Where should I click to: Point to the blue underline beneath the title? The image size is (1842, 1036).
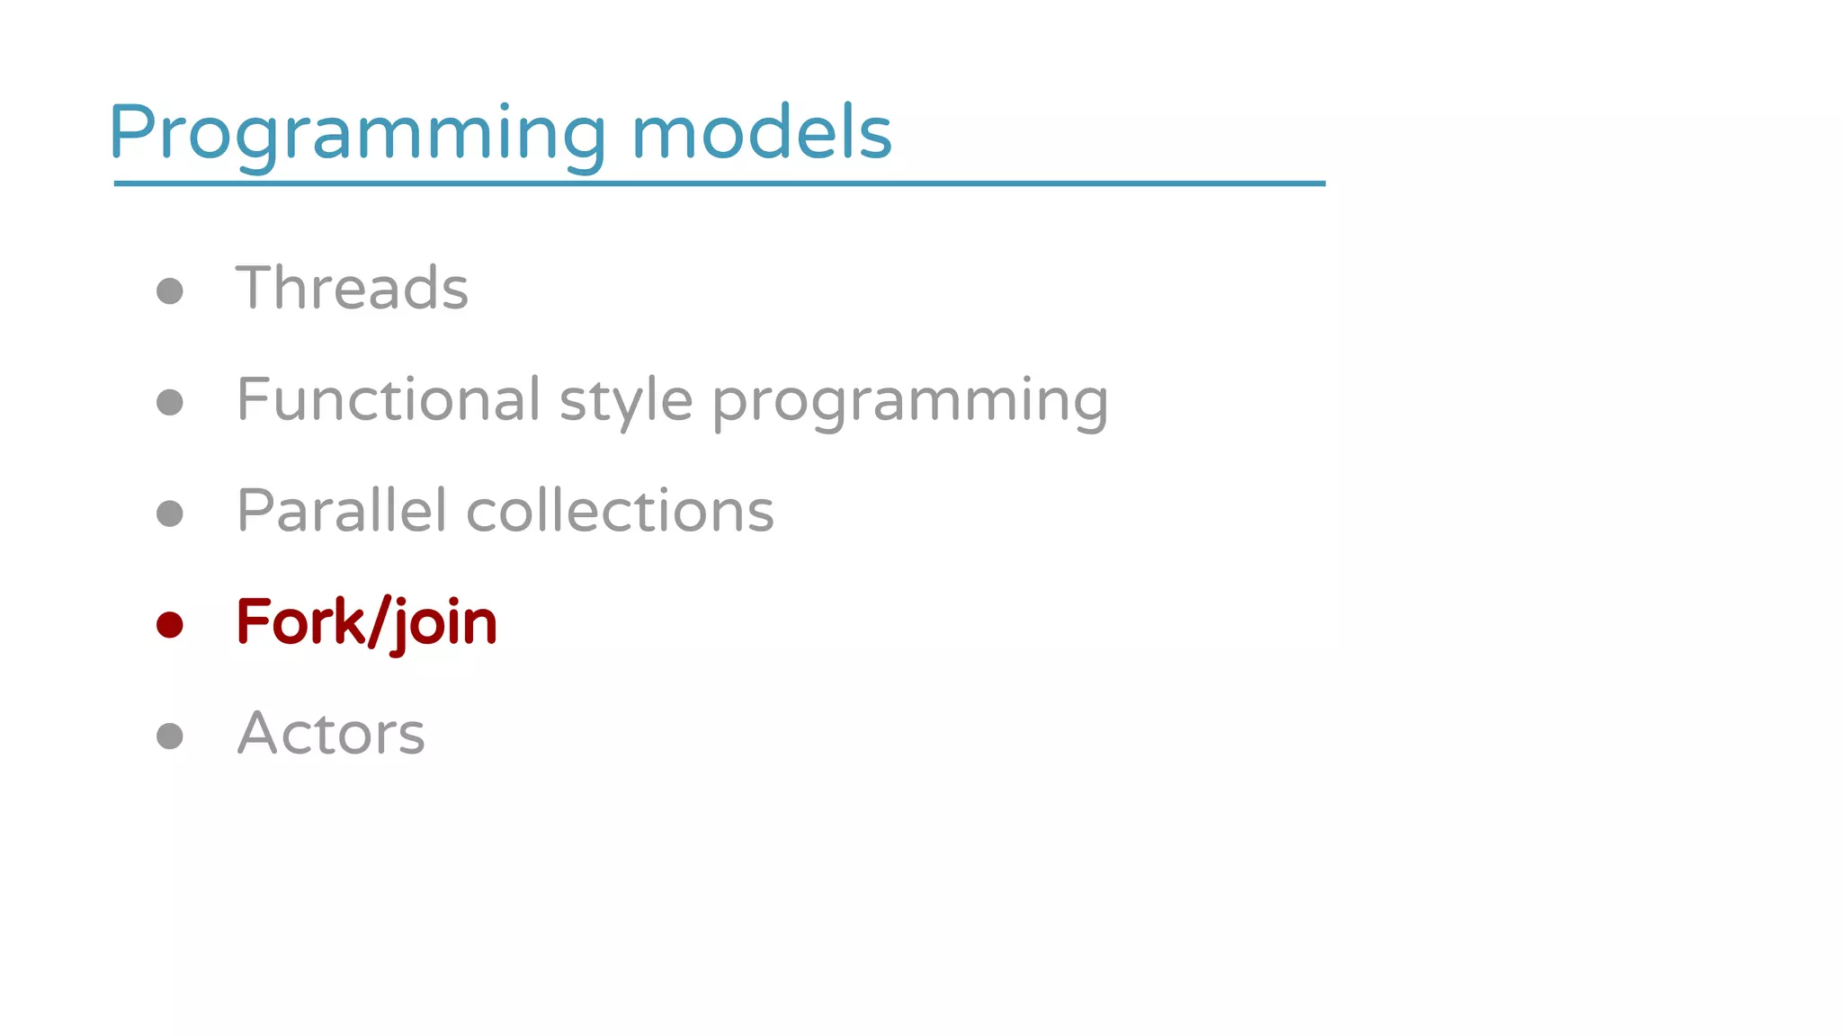point(720,183)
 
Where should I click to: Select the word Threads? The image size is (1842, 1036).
point(352,288)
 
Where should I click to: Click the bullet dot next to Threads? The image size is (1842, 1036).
point(170,290)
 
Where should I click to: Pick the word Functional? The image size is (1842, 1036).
point(389,399)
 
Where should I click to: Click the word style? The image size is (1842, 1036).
point(626,401)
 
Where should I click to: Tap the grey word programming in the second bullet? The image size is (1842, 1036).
point(910,401)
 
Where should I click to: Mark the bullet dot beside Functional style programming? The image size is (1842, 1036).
point(170,402)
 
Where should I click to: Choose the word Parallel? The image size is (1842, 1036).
point(341,510)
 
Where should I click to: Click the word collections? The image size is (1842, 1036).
point(620,511)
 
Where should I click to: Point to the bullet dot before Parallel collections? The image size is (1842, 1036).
point(170,514)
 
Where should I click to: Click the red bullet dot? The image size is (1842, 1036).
point(170,624)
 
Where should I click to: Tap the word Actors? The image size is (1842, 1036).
point(331,733)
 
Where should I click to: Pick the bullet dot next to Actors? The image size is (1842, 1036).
point(170,736)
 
